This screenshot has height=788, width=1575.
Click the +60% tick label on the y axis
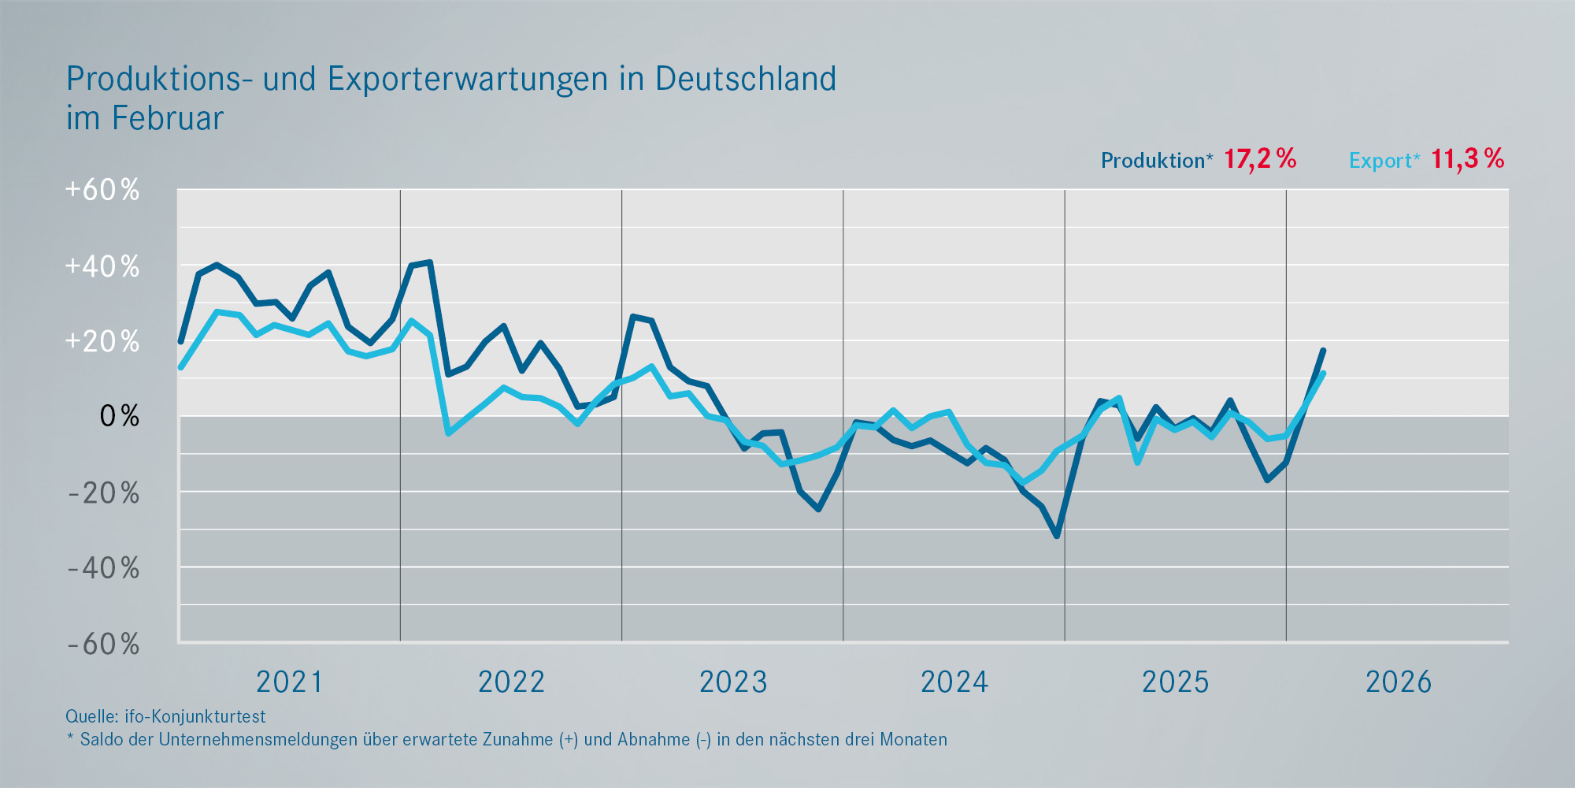102,190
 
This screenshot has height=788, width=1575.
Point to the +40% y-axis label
102,266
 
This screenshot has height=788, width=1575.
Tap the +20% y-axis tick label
102,341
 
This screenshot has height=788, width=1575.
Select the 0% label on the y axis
119,416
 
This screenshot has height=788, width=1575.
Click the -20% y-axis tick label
103,493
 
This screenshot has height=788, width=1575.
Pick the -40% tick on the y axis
103,568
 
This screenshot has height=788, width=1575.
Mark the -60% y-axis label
103,645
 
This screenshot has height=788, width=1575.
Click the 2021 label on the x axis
290,682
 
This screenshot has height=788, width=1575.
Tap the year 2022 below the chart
512,682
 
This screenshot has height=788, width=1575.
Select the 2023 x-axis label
733,682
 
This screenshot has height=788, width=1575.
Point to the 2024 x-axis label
954,682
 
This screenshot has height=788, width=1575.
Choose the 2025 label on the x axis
1176,682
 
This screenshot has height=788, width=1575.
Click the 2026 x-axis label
1399,682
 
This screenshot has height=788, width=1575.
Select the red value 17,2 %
1260,159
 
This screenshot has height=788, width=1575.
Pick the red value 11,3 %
1467,159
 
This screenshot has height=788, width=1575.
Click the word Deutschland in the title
745,79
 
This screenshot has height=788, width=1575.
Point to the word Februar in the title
167,118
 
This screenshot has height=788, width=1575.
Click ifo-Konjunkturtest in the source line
195,716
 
